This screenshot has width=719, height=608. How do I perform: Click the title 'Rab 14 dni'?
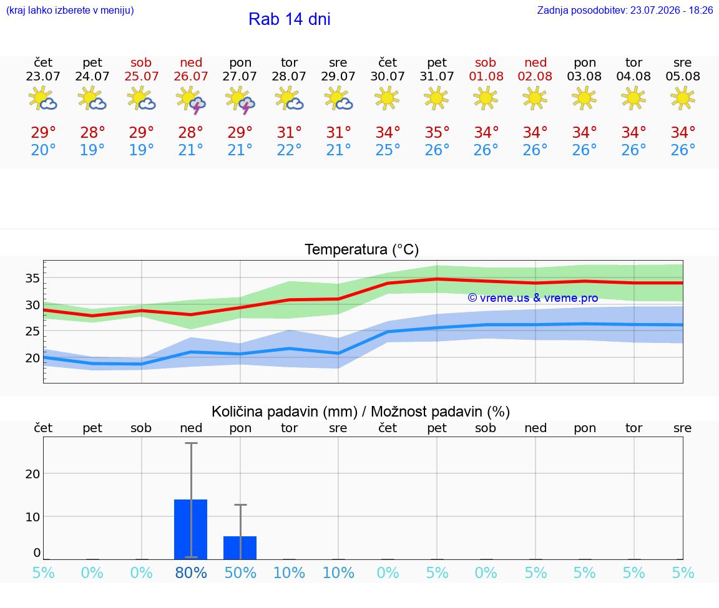290,19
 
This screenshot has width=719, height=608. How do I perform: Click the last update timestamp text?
625,10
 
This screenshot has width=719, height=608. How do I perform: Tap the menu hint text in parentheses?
70,10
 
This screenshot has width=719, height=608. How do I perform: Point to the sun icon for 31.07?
436,98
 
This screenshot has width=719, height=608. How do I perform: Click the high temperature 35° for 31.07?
437,132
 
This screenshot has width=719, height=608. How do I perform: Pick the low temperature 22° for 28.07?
289,150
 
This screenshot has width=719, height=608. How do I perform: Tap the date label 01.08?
486,76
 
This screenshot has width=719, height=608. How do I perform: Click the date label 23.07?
43,76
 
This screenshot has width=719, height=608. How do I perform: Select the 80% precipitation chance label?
191,572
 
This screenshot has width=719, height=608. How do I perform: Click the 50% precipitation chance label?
240,572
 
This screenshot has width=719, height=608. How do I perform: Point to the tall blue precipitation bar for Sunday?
191,529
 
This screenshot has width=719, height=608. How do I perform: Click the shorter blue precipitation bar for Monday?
240,548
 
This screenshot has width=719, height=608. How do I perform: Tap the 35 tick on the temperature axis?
32,278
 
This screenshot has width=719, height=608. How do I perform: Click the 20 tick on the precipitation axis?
32,474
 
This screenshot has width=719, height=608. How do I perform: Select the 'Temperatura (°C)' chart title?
362,249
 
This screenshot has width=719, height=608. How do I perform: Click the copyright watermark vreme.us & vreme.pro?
533,298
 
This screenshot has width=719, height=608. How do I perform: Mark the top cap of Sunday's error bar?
191,443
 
